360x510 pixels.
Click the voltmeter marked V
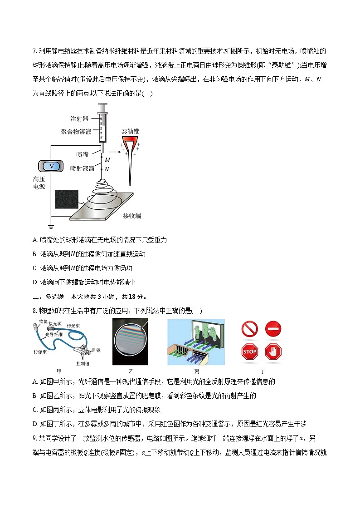[51, 166]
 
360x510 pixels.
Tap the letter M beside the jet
[107, 160]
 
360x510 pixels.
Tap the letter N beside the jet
[107, 169]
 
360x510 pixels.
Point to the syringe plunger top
[102, 105]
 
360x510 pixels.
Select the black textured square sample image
[66, 199]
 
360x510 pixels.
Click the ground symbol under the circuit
[51, 227]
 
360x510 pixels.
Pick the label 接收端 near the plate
[131, 216]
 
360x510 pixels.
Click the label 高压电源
[39, 183]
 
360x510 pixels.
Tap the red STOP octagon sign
[249, 352]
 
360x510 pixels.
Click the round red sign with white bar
[273, 328]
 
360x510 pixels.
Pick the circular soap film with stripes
[131, 342]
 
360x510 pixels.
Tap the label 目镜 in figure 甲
[96, 350]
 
